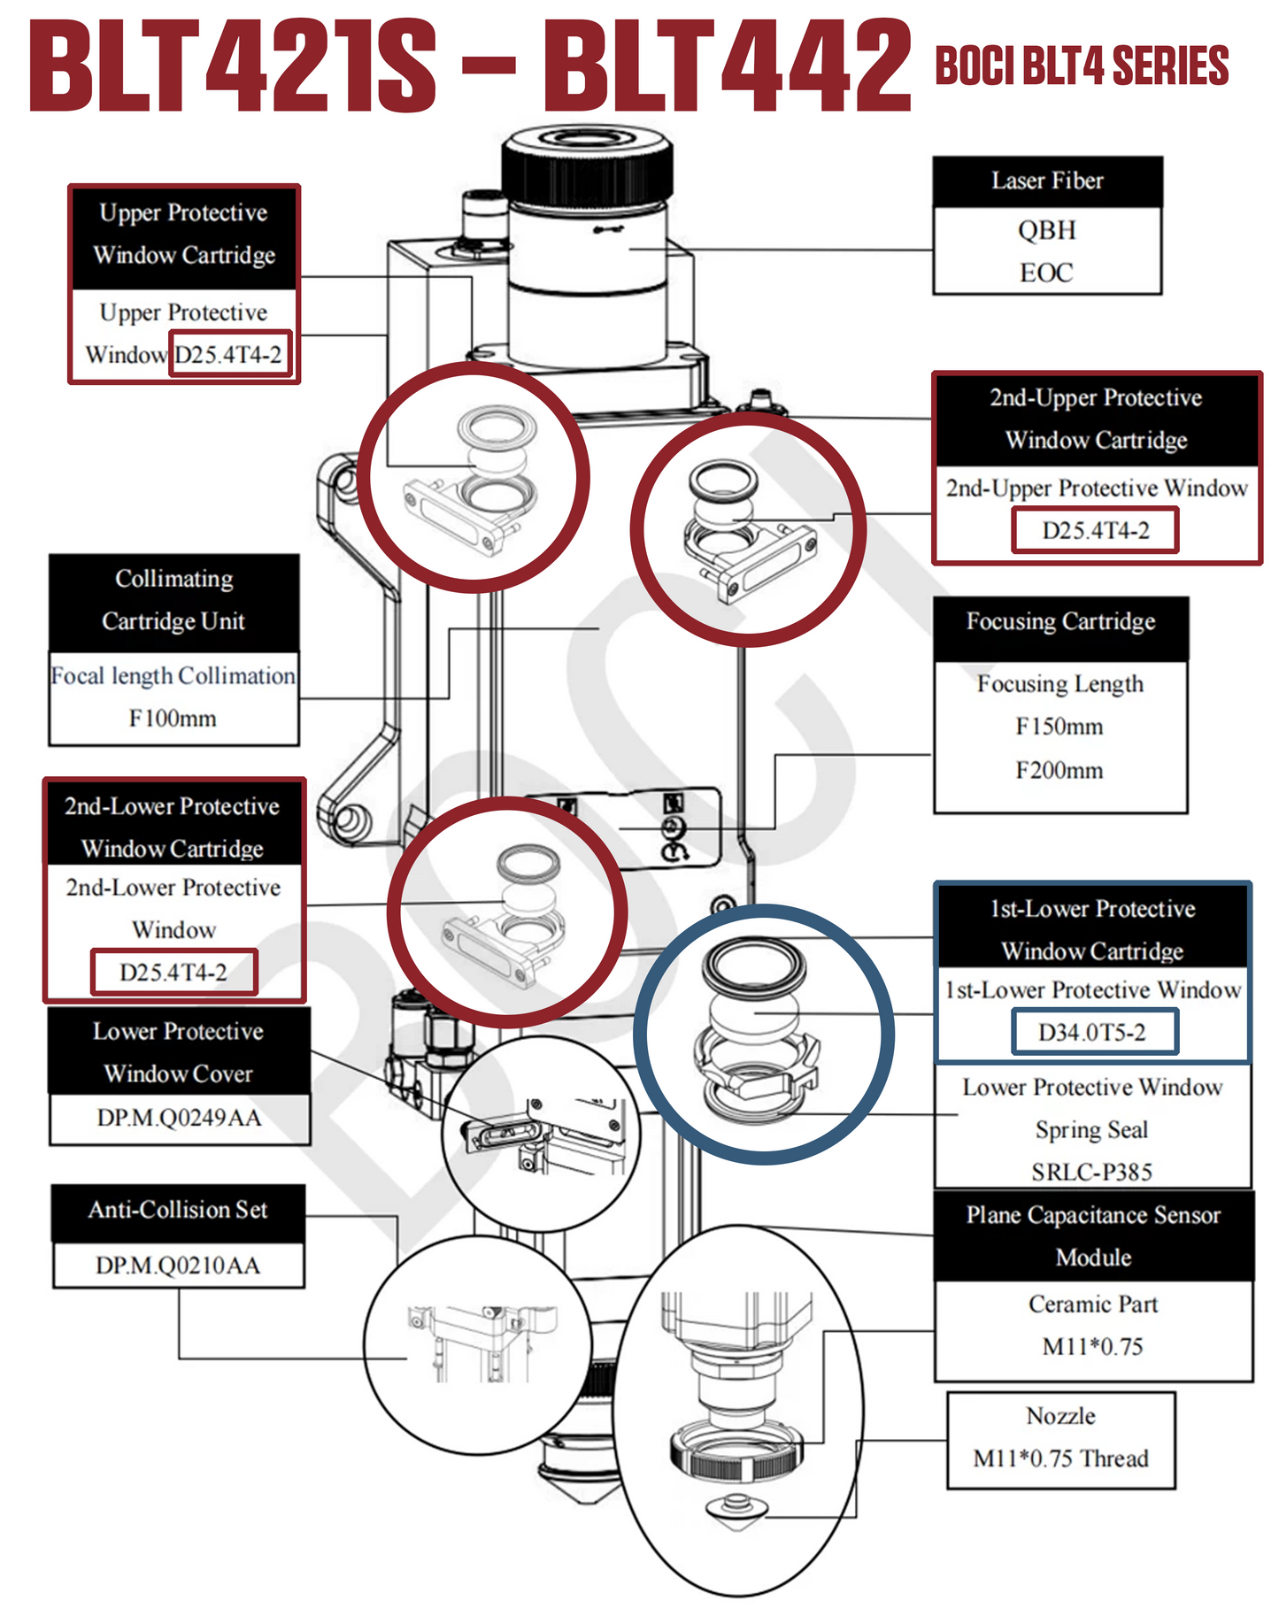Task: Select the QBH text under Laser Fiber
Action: [x=1046, y=230]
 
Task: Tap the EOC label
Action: [x=1046, y=273]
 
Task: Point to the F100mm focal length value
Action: [x=173, y=718]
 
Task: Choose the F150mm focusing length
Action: [x=1059, y=727]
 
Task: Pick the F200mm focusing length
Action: [x=1059, y=770]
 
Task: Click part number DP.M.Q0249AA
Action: [x=180, y=1118]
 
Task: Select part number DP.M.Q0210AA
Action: [x=178, y=1266]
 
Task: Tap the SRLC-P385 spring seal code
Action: [x=1092, y=1172]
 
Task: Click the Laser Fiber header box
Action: [x=1047, y=181]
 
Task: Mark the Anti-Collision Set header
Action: [x=178, y=1210]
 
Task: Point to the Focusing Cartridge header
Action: [x=1060, y=622]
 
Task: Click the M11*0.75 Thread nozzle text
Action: [x=1060, y=1458]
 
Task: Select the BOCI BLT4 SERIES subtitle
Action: [x=1082, y=66]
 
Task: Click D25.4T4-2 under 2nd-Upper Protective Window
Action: [x=1095, y=530]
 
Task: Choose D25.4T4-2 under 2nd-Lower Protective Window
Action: [x=173, y=972]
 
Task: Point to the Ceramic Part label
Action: [x=1093, y=1304]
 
